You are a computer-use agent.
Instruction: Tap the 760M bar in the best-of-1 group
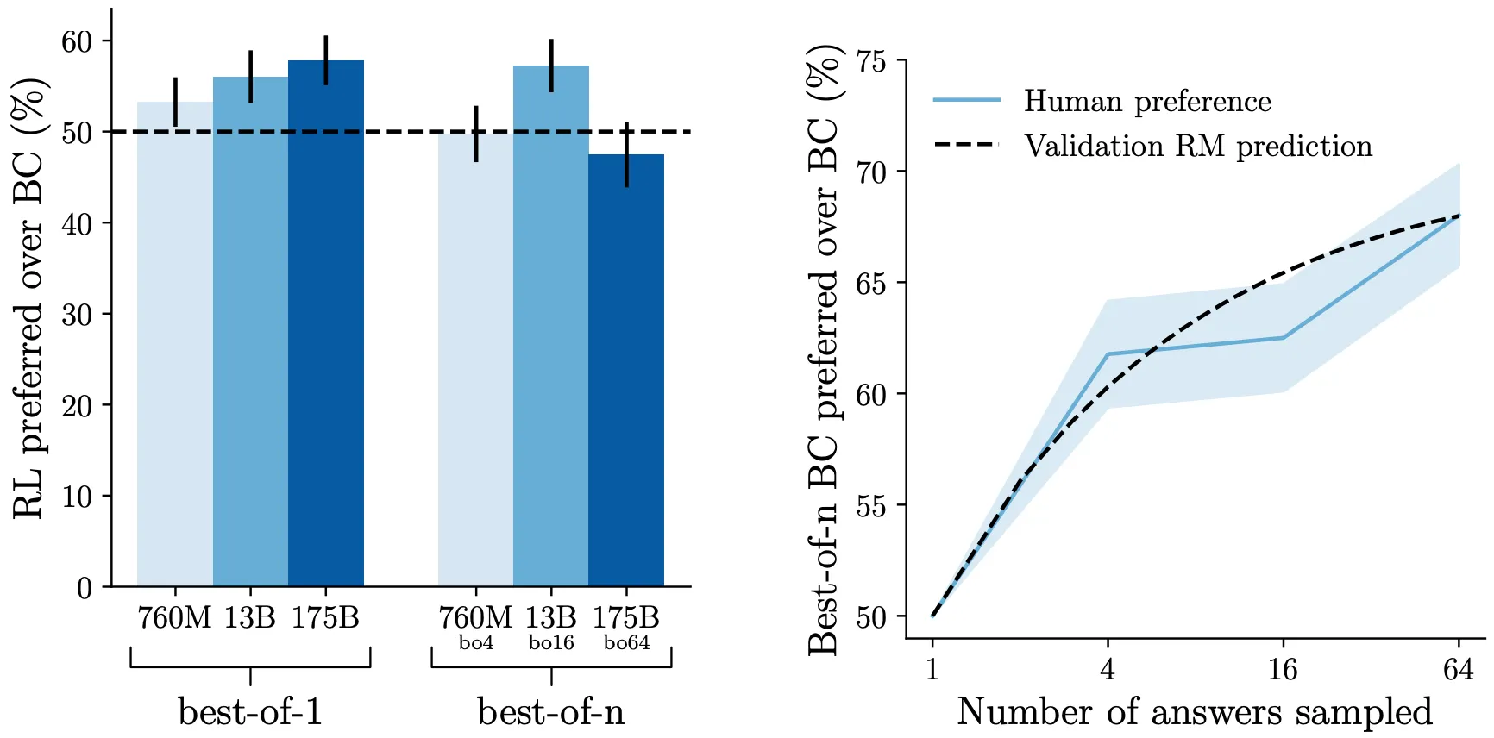pos(175,345)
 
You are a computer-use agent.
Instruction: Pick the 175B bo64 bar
pos(626,371)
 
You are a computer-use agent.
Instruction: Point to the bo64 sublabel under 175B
pos(626,643)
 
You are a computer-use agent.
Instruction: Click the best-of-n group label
pos(551,712)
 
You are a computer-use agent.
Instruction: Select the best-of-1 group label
pos(250,712)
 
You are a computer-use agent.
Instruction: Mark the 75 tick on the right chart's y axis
pos(870,62)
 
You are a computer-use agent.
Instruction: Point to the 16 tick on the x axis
pos(1283,670)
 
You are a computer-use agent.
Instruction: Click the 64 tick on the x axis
pos(1459,670)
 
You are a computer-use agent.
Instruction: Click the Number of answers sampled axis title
pos(1195,712)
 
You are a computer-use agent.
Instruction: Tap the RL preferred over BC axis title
pos(29,297)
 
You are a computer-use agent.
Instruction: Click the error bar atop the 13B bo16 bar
pos(551,66)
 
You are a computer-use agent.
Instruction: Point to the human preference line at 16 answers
pos(1283,338)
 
